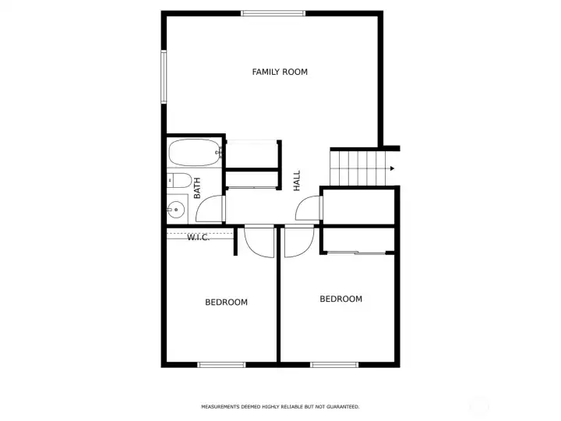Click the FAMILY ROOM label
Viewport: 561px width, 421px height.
[280, 72]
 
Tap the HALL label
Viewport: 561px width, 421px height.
[297, 181]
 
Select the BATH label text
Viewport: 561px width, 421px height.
[197, 187]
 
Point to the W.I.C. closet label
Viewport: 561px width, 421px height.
[198, 237]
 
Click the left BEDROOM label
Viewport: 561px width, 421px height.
[226, 302]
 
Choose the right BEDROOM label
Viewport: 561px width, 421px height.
[341, 299]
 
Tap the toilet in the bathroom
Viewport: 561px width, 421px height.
[179, 182]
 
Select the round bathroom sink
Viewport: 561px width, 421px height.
[176, 209]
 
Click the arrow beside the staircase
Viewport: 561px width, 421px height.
[393, 168]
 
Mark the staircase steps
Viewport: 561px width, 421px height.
[359, 168]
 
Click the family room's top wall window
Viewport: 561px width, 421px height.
[273, 12]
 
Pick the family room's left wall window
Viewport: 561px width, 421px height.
[164, 76]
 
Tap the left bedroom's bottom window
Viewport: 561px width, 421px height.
[221, 364]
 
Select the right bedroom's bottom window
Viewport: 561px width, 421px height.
[334, 364]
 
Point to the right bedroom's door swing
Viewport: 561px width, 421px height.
[298, 241]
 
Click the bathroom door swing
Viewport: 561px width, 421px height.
[213, 209]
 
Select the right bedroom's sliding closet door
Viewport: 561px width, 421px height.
[356, 252]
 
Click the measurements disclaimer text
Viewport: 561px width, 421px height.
[280, 407]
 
